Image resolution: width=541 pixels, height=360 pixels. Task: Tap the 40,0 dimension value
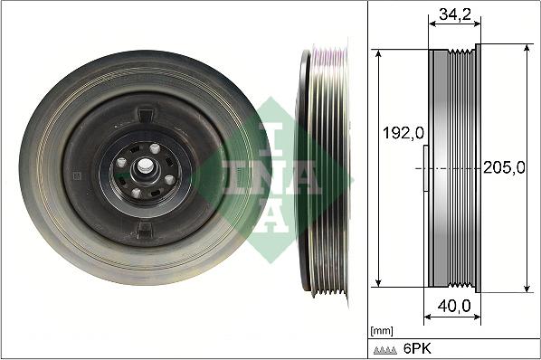452,308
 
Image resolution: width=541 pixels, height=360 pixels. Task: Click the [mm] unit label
382,331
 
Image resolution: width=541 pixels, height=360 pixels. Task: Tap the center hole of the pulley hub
145,168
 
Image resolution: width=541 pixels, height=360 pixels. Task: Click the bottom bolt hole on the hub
136,192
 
